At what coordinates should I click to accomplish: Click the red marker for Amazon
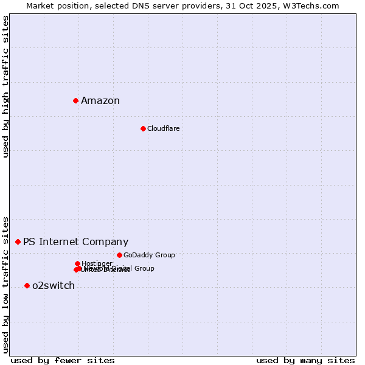tap(75, 100)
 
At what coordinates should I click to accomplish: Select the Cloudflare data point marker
tap(143, 128)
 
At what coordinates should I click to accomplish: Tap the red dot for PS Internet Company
tap(18, 242)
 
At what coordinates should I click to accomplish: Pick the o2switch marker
tap(27, 285)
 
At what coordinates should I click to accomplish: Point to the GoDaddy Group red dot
tap(119, 255)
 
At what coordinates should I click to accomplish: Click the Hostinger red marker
tap(77, 263)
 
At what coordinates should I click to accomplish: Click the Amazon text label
tap(100, 101)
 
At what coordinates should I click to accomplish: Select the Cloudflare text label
tap(163, 128)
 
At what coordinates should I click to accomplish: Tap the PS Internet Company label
tap(75, 242)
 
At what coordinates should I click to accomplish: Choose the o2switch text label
tap(54, 286)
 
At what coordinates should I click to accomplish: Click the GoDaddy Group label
tap(149, 255)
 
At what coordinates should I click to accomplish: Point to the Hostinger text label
tap(97, 263)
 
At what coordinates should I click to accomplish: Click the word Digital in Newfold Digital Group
tap(123, 268)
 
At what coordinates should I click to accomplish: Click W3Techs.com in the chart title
tap(310, 5)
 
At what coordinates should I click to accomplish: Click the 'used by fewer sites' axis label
tap(63, 360)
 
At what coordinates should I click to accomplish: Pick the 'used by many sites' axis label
tap(305, 360)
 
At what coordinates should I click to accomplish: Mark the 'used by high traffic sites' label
tap(5, 86)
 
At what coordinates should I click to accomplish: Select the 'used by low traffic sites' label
tap(5, 284)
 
